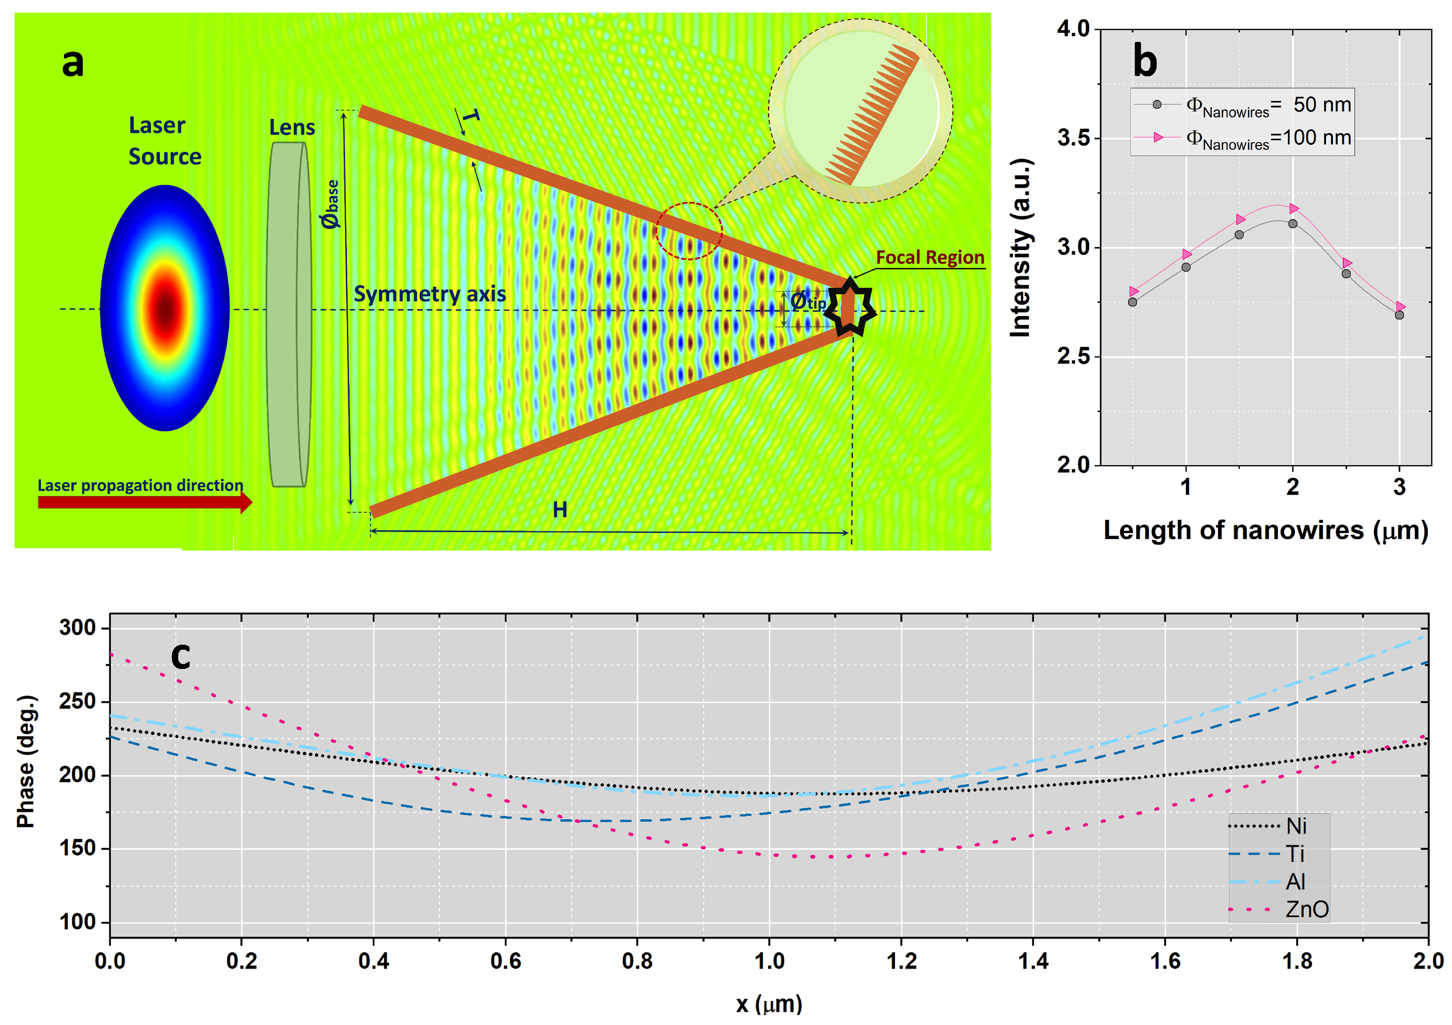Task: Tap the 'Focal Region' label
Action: tap(930, 257)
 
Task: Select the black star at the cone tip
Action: tap(850, 309)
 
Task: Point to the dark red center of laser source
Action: tap(165, 309)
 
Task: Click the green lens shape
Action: tap(289, 314)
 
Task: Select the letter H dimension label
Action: tap(560, 510)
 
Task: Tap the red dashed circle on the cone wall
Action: tap(689, 231)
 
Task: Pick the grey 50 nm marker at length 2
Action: tap(1293, 224)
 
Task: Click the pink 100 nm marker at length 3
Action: tap(1400, 307)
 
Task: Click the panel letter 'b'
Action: tap(1145, 61)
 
